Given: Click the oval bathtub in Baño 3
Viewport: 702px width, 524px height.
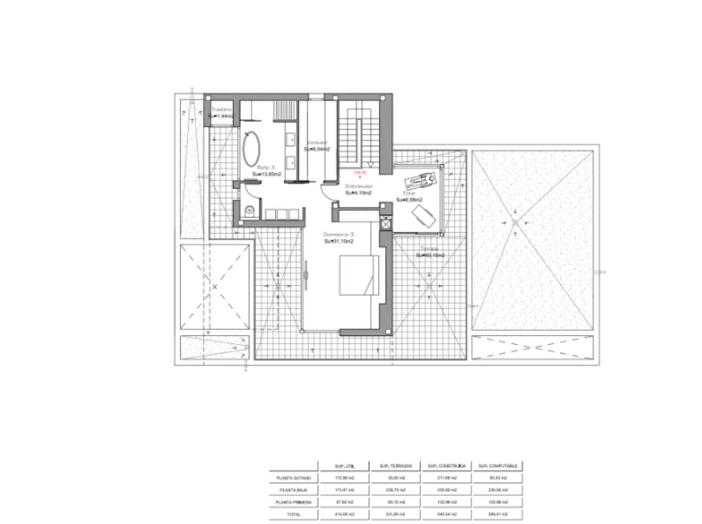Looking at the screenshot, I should [x=251, y=149].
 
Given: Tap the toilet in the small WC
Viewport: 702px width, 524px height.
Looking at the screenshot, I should [x=249, y=210].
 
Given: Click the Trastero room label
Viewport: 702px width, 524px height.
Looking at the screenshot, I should [x=221, y=109].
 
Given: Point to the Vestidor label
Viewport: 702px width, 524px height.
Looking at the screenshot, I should [x=317, y=142].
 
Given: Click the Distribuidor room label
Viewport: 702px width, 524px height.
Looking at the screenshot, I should [x=359, y=186].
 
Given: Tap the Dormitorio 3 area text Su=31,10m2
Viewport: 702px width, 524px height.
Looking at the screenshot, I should [x=339, y=241].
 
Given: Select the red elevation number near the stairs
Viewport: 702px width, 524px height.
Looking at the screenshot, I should [x=359, y=173].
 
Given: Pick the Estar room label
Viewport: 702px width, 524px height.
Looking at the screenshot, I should [x=409, y=194].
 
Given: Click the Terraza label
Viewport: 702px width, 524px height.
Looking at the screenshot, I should [x=429, y=248].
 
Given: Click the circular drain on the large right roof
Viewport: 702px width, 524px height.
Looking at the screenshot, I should [x=516, y=223].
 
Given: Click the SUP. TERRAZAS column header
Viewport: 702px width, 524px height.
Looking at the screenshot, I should [x=395, y=466].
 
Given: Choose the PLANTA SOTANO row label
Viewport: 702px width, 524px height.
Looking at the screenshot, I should [x=293, y=478].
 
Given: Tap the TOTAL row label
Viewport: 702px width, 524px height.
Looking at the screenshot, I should [x=293, y=514].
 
